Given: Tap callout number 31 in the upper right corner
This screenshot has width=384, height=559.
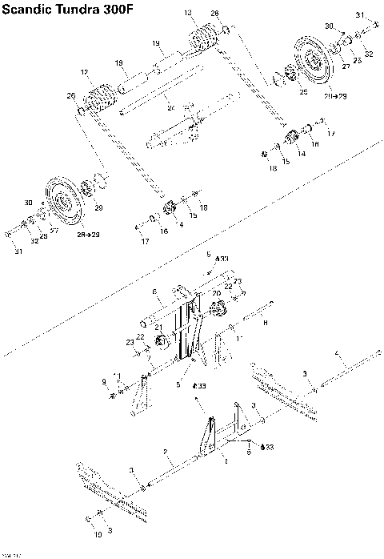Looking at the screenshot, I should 360,15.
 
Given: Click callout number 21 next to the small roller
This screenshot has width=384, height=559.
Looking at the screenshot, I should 158,327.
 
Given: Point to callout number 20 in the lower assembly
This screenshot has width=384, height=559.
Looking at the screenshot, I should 216,294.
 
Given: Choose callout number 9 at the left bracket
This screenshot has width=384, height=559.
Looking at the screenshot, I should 103,380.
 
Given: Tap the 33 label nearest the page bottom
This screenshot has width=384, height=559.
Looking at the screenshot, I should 270,446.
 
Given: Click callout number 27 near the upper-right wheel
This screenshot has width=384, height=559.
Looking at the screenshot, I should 346,67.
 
